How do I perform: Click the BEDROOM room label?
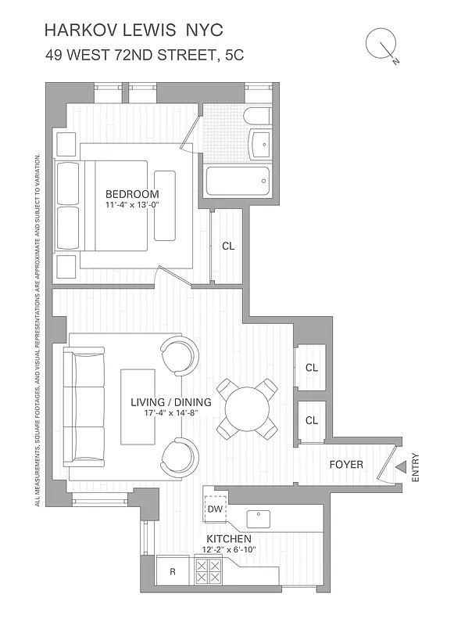132,194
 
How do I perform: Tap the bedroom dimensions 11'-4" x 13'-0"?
132,205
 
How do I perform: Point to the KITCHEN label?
228,539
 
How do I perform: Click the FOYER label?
345,465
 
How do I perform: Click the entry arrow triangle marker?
400,467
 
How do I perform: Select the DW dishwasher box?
216,509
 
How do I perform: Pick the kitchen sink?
258,518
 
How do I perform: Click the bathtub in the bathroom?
238,182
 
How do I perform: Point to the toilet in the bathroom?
256,117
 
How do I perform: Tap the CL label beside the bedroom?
228,246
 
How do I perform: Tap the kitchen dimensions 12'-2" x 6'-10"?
228,550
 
